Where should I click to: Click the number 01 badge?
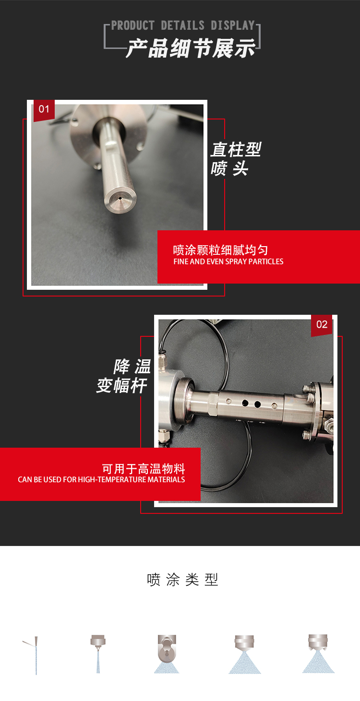[x=44, y=109]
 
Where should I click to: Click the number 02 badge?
[x=322, y=325]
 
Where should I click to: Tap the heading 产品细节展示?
[x=190, y=49]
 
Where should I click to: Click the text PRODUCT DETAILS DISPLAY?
[x=183, y=25]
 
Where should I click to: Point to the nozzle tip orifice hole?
[x=119, y=197]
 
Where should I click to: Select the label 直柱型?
[x=236, y=150]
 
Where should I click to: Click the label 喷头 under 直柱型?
[x=229, y=169]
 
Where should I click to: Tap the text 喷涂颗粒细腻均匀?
[x=220, y=250]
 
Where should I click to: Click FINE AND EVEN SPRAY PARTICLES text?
[x=228, y=262]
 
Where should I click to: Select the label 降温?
[x=132, y=367]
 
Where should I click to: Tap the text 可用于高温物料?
[x=144, y=469]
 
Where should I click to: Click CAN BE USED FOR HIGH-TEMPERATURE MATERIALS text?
[x=101, y=480]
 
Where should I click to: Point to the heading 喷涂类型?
[x=182, y=580]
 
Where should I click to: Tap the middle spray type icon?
[x=167, y=654]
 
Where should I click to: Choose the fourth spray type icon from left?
[x=245, y=654]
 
